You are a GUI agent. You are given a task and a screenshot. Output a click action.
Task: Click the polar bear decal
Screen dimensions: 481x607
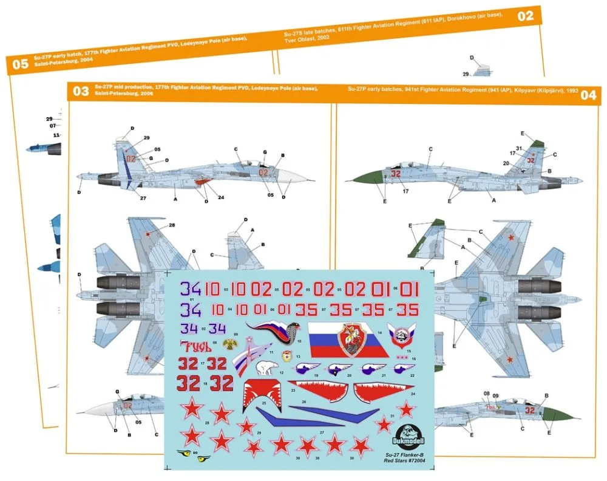(x=265, y=367)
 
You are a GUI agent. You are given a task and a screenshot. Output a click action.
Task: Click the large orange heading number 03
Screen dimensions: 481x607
(x=80, y=92)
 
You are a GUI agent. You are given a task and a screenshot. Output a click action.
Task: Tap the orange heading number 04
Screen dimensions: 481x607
(x=588, y=95)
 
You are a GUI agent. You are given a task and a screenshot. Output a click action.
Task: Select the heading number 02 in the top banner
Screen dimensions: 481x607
(x=525, y=16)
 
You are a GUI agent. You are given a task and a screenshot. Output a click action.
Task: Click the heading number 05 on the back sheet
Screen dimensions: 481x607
(x=20, y=63)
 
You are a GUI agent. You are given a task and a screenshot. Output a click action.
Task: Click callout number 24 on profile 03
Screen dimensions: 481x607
(x=220, y=197)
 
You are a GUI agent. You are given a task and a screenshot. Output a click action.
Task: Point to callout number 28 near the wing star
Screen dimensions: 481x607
(x=172, y=226)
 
